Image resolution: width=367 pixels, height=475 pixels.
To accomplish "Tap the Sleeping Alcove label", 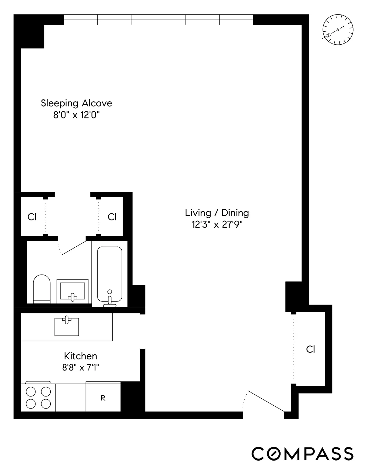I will pyautogui.click(x=76, y=103).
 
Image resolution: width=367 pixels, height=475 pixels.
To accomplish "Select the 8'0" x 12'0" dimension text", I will pyautogui.click(x=76, y=115).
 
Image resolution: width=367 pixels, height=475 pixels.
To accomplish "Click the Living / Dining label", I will pyautogui.click(x=217, y=213).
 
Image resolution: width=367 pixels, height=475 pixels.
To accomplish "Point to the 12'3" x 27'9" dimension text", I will pyautogui.click(x=217, y=225).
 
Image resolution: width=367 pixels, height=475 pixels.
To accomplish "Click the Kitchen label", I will pyautogui.click(x=80, y=356).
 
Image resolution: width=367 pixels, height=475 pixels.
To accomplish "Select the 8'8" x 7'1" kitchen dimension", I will pyautogui.click(x=80, y=368).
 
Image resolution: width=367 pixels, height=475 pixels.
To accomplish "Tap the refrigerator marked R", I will pyautogui.click(x=103, y=398).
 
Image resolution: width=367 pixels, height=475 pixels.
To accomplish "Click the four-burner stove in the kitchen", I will pyautogui.click(x=38, y=397).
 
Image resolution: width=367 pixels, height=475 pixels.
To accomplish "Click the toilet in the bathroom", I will pyautogui.click(x=42, y=289).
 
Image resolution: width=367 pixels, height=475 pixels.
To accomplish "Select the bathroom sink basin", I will pyautogui.click(x=73, y=291).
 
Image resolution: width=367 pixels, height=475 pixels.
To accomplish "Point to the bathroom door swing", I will pyautogui.click(x=73, y=248).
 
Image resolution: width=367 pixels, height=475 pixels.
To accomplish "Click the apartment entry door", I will pyautogui.click(x=266, y=401).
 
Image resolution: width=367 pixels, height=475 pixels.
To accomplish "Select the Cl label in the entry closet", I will pyautogui.click(x=310, y=349).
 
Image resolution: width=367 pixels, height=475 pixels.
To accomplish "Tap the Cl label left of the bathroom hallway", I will pyautogui.click(x=32, y=217).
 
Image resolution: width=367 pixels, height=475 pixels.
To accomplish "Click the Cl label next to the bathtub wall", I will pyautogui.click(x=112, y=217).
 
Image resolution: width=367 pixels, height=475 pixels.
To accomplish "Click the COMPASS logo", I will pyautogui.click(x=302, y=454).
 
